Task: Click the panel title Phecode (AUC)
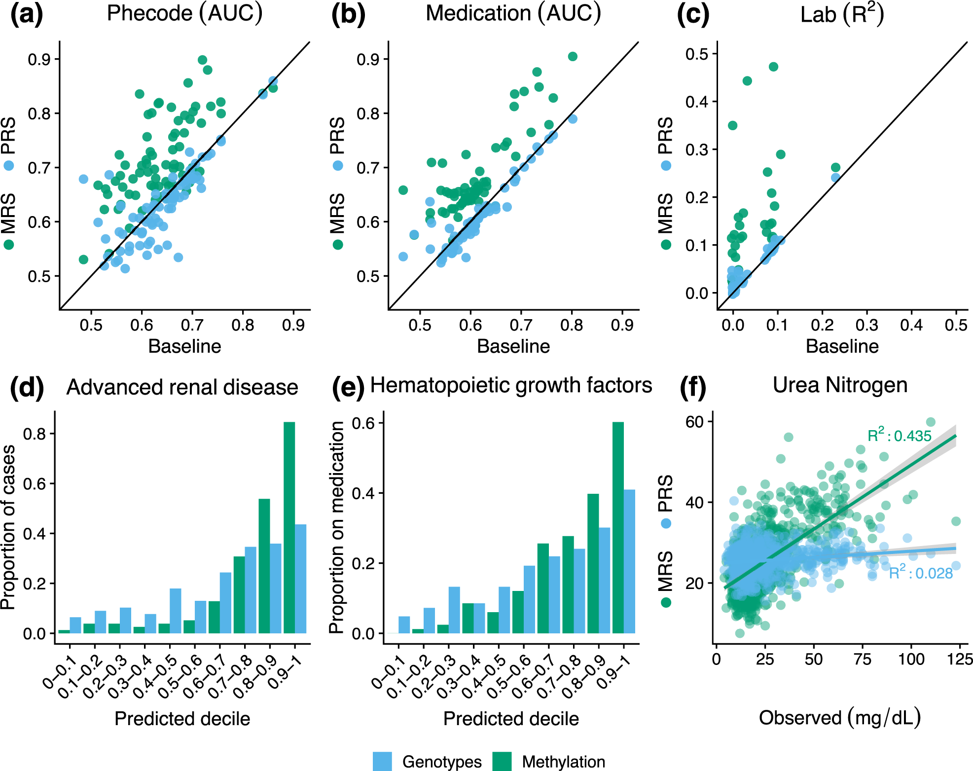(184, 14)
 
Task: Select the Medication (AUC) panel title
(513, 14)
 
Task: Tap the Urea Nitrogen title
(840, 385)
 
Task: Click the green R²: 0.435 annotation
(900, 436)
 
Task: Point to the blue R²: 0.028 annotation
(921, 573)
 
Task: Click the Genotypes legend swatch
(382, 762)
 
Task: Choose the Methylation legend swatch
(502, 762)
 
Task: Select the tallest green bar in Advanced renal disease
(289, 527)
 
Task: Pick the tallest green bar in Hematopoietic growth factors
(618, 527)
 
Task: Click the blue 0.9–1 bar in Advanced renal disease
(300, 579)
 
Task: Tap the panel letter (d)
(27, 387)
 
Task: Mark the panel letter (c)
(693, 15)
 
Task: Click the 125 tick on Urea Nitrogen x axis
(960, 660)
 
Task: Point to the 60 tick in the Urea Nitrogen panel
(694, 422)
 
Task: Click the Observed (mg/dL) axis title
(840, 718)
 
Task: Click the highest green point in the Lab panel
(773, 67)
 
